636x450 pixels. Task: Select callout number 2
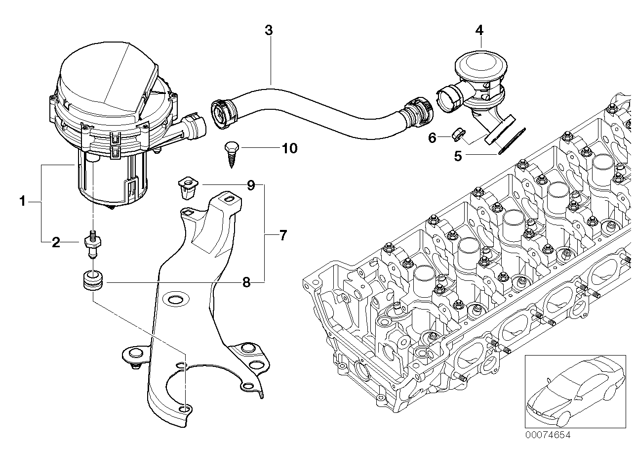(x=56, y=242)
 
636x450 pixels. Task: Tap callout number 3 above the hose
(x=269, y=30)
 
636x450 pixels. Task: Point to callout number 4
(x=479, y=30)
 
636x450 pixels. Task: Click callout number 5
(x=458, y=156)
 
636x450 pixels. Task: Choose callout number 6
(x=432, y=138)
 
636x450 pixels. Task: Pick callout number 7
(x=283, y=235)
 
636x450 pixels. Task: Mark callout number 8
(x=246, y=282)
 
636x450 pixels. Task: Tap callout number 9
(x=251, y=185)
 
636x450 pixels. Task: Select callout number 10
(x=289, y=148)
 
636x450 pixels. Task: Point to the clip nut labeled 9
(x=188, y=187)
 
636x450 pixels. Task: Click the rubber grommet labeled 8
(x=93, y=281)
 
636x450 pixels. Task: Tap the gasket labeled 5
(x=512, y=141)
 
